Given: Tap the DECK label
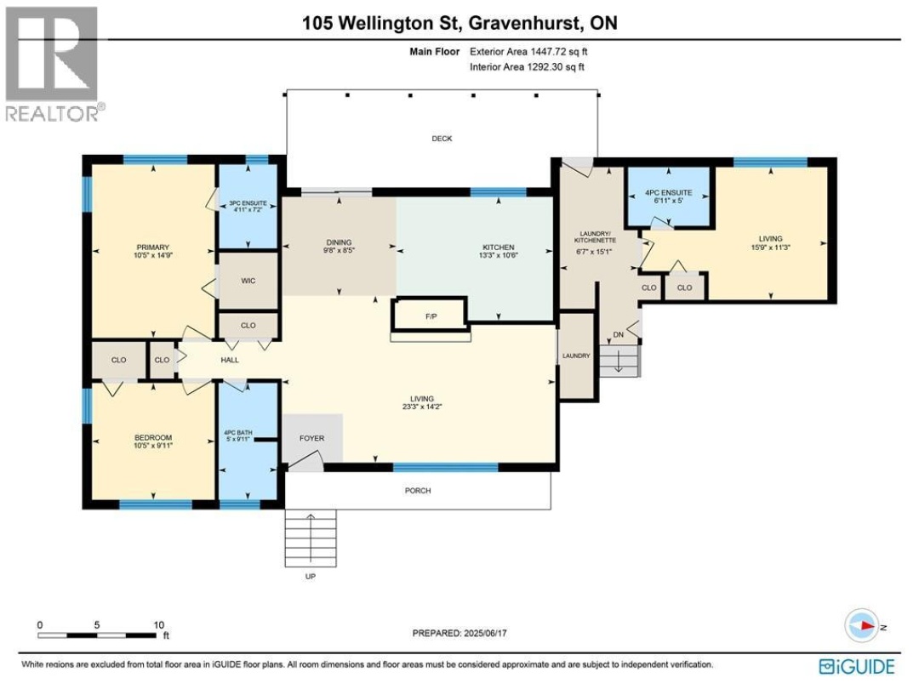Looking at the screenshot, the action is coord(442,139).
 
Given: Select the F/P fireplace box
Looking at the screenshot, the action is coord(431,313).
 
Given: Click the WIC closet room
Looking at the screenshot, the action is coord(248,281).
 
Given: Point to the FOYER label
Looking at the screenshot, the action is coord(311,438).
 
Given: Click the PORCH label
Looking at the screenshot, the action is coord(418,491).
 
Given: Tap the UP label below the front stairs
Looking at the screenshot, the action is coord(311,577).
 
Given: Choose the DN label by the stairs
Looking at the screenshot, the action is coord(619,335).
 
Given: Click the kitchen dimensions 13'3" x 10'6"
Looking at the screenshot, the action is coord(499,255).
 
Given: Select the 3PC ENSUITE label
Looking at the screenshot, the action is coord(248,203).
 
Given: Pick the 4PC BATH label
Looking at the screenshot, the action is coord(238,433).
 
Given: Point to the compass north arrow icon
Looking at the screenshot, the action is coord(863,626).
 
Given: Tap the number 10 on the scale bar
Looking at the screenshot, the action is coord(159,625).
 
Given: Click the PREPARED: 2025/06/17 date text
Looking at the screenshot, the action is coord(459,634).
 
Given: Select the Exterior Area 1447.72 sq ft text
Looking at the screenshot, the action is coord(528,52).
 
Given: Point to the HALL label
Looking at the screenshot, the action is coord(230,361).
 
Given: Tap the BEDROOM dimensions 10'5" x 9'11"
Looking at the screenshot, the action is coord(153,446).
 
